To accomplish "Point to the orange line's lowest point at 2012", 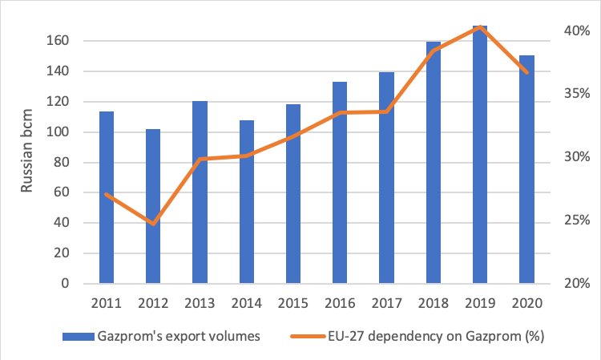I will pyautogui.click(x=153, y=223).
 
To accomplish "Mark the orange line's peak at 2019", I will pyautogui.click(x=479, y=27).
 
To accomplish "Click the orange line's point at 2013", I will pyautogui.click(x=200, y=159).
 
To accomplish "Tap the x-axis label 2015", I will pyautogui.click(x=292, y=304).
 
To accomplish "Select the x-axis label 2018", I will pyautogui.click(x=433, y=304).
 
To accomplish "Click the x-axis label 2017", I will pyautogui.click(x=386, y=304).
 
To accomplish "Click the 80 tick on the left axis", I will pyautogui.click(x=71, y=163).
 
